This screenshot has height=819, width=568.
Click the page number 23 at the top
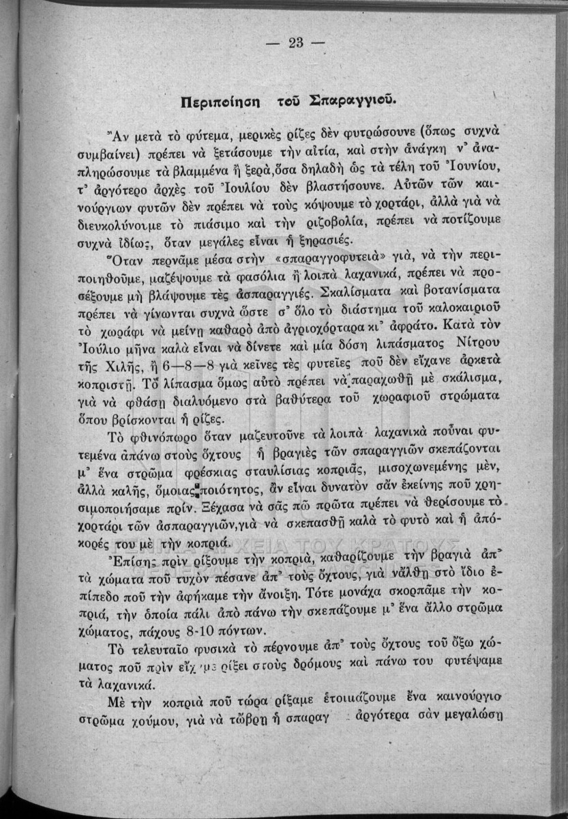[x=295, y=43]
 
